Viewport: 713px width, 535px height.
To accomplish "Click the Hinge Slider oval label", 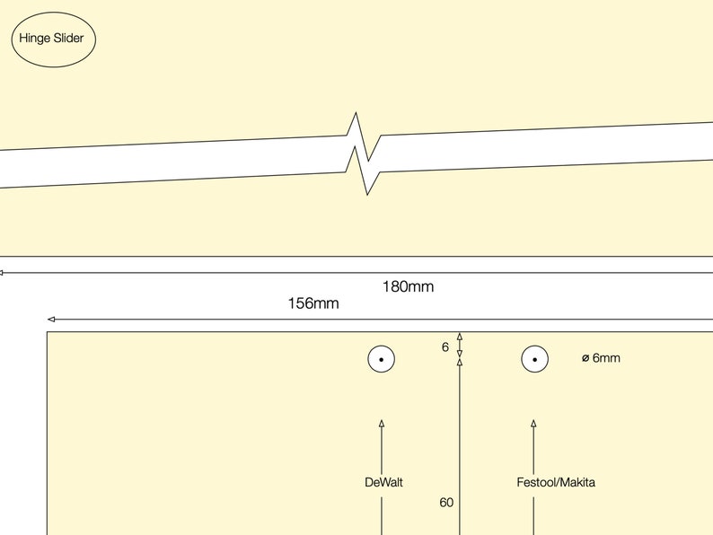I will [x=52, y=39].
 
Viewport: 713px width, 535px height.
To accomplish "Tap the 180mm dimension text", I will [x=408, y=287].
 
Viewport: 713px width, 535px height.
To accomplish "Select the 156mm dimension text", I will [x=313, y=303].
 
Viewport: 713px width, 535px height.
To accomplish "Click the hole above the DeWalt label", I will [x=382, y=360].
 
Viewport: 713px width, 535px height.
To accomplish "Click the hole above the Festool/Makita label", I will [x=534, y=360].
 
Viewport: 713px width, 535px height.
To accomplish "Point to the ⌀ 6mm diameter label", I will [x=601, y=358].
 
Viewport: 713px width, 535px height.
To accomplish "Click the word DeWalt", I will [x=383, y=482].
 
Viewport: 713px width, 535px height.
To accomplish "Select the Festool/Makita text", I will [x=556, y=482].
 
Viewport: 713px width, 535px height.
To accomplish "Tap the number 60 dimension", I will [x=446, y=503].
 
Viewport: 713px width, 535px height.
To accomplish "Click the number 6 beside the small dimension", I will [x=445, y=346].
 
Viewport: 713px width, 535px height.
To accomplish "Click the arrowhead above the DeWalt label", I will [x=382, y=423].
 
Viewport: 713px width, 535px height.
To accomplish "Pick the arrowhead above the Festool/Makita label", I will [x=533, y=423].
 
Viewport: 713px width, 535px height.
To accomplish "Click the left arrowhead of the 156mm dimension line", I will [x=51, y=319].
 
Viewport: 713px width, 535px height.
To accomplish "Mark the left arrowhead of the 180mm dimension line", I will [x=3, y=272].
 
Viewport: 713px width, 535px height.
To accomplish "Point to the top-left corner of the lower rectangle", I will [x=48, y=333].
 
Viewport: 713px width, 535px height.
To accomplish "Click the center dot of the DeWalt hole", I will [x=382, y=360].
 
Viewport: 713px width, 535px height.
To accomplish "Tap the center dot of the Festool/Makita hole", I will [x=534, y=360].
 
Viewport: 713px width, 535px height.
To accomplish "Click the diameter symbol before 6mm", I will [x=585, y=358].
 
